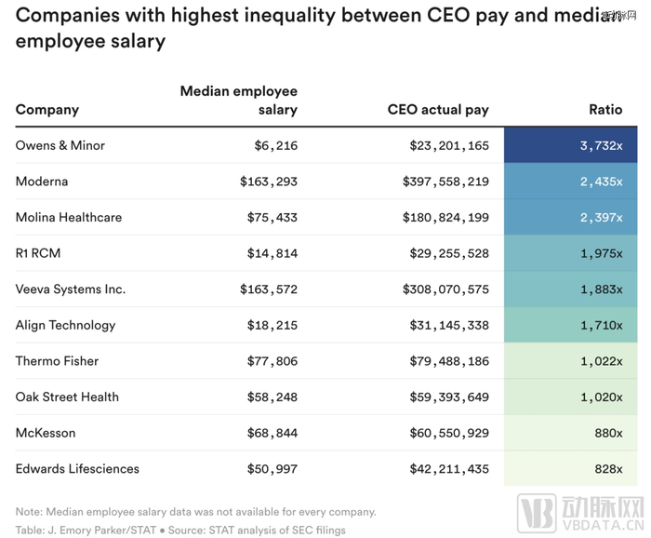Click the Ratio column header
click(605, 110)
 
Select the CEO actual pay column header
click(438, 110)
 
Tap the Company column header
click(47, 110)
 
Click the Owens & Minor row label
click(60, 145)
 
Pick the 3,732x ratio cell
click(601, 145)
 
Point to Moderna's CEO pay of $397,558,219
click(449, 182)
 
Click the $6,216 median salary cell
click(275, 145)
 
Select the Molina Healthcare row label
click(69, 217)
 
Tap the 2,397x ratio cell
click(601, 217)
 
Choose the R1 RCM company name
click(39, 253)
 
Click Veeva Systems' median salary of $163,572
click(268, 289)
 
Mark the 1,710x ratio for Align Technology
click(601, 325)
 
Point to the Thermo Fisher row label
click(57, 361)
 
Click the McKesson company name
click(46, 433)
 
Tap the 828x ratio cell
click(607, 468)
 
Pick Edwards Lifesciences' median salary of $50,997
click(272, 468)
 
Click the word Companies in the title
click(68, 15)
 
